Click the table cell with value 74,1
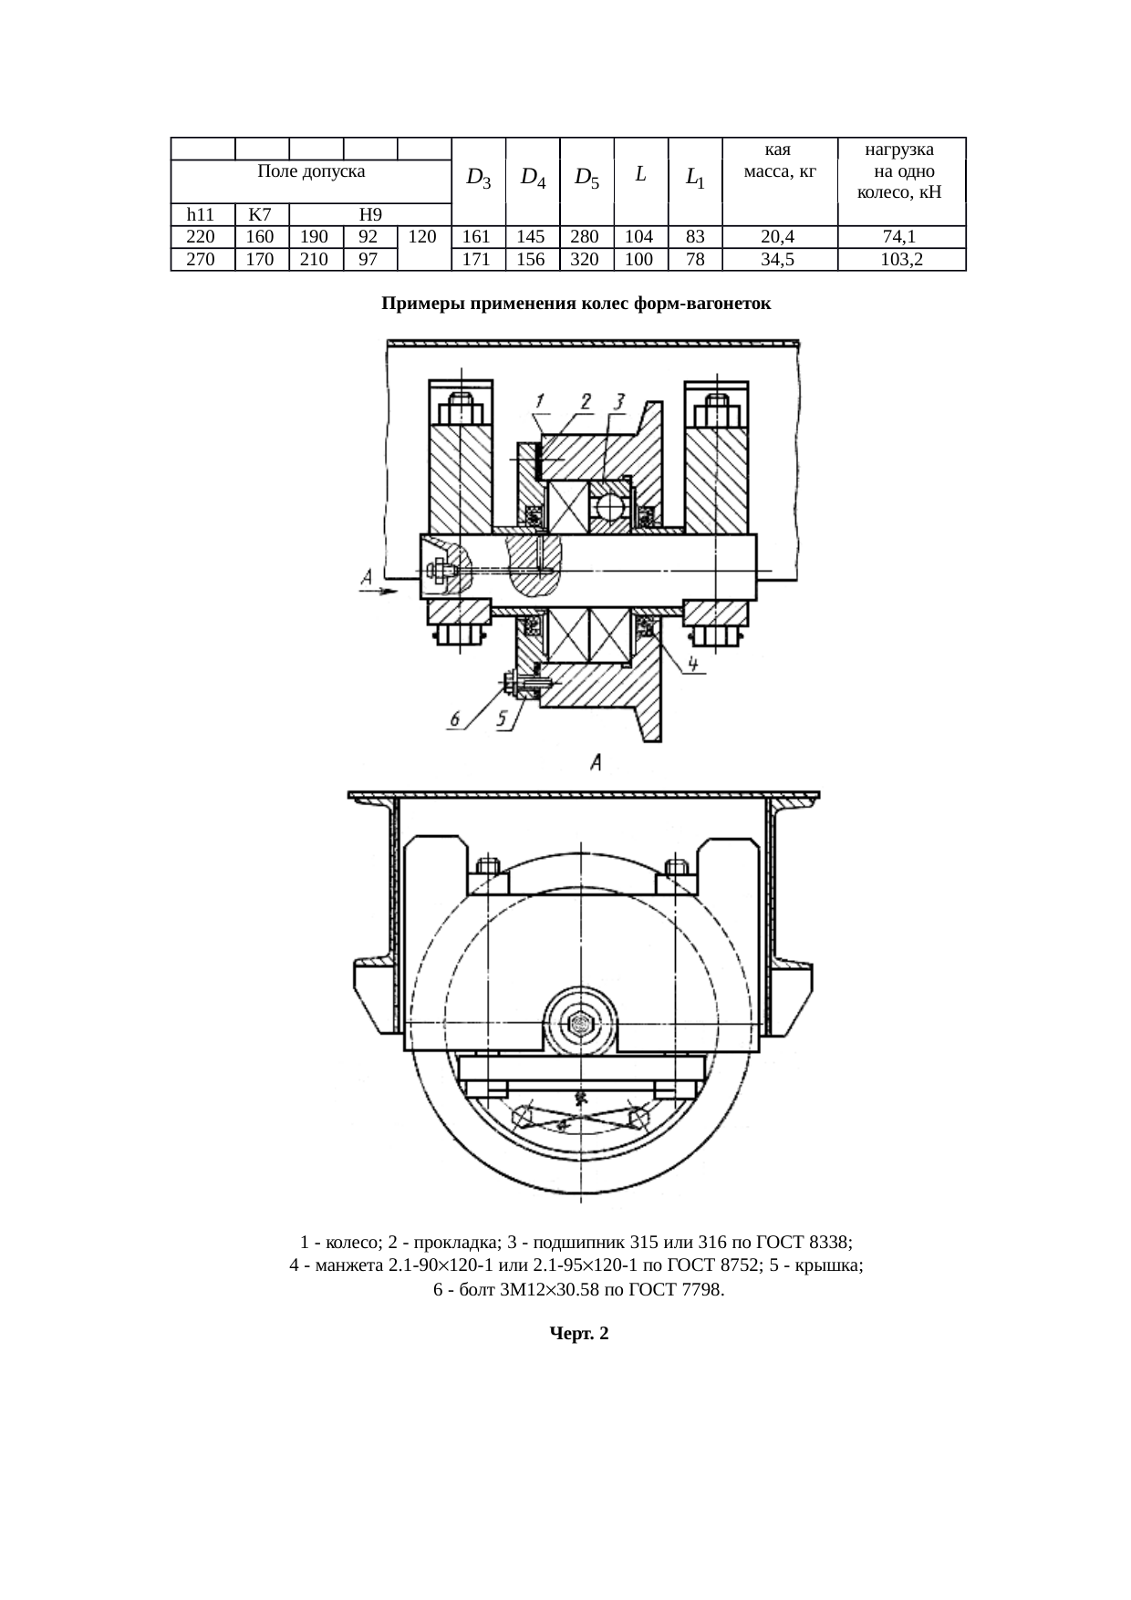click(x=900, y=237)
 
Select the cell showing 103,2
click(x=900, y=260)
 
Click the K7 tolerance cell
click(x=261, y=215)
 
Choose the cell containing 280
click(x=586, y=237)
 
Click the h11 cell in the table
click(x=202, y=215)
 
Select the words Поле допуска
click(x=311, y=171)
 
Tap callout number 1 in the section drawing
click(x=540, y=401)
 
